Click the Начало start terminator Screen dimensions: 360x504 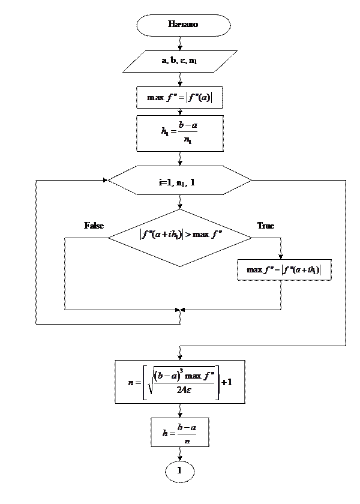point(183,25)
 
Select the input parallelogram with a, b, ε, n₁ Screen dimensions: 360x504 point(180,61)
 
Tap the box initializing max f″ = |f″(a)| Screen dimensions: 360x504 point(179,97)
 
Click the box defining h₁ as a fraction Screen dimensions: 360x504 point(179,133)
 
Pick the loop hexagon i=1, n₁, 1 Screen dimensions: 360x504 point(179,181)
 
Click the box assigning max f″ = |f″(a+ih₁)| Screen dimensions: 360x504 point(284,270)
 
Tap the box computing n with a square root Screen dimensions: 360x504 point(179,382)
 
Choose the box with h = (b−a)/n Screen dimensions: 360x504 point(179,433)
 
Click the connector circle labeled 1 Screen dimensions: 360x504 point(179,471)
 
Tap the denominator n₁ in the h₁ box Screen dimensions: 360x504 point(188,141)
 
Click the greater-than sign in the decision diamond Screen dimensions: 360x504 point(188,234)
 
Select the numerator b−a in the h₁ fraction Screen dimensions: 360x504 point(188,125)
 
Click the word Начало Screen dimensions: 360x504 point(183,25)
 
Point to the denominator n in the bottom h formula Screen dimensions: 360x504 point(187,440)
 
